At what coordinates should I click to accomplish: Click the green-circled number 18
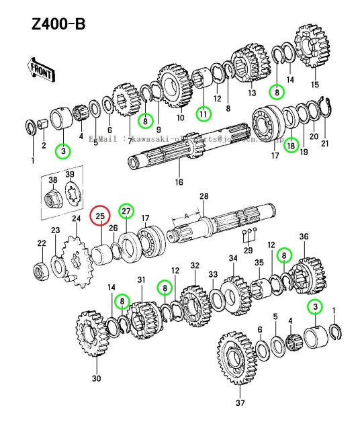pyautogui.click(x=291, y=144)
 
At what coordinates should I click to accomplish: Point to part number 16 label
pyautogui.click(x=179, y=181)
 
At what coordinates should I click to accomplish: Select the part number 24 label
pyautogui.click(x=76, y=219)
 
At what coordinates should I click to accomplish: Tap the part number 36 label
pyautogui.click(x=304, y=236)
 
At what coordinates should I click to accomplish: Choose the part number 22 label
pyautogui.click(x=41, y=243)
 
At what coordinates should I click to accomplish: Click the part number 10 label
pyautogui.click(x=181, y=118)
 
